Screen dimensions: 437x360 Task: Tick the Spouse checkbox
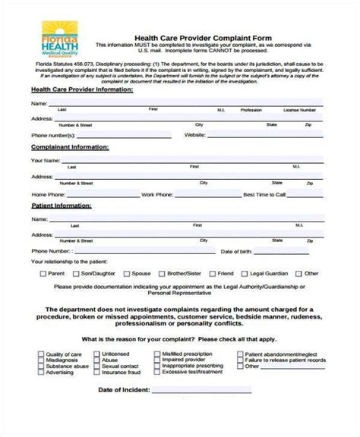point(125,272)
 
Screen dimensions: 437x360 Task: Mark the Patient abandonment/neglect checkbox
point(240,354)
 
